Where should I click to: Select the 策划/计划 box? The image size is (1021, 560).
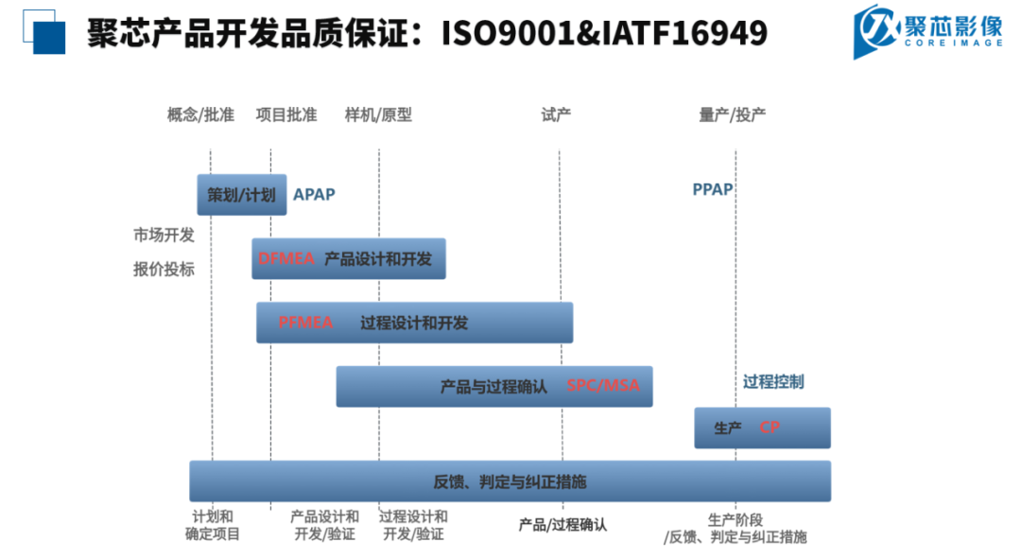[241, 195]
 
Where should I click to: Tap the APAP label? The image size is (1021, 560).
[314, 195]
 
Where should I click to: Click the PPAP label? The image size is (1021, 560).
[713, 189]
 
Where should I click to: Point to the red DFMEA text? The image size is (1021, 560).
[286, 258]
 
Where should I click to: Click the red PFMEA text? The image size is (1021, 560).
[305, 323]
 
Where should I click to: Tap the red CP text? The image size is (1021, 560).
[770, 428]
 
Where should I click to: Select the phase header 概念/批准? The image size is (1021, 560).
[200, 115]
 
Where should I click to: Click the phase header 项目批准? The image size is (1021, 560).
[286, 115]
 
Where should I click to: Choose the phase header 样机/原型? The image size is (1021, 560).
[378, 115]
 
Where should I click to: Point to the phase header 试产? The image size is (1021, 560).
[556, 115]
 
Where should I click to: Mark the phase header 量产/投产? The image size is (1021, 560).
[732, 115]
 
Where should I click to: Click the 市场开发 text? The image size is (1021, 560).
[164, 236]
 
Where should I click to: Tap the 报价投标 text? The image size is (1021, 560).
[164, 269]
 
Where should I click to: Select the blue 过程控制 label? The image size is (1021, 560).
[773, 382]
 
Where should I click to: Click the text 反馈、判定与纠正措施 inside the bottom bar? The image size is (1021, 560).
[510, 481]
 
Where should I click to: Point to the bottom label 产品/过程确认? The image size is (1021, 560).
[562, 524]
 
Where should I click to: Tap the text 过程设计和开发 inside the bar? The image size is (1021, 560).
[414, 323]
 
